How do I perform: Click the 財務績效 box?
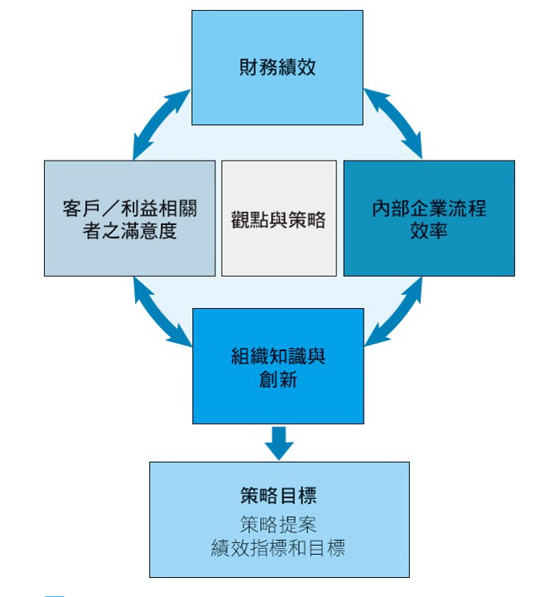[277, 67]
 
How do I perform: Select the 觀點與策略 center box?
[278, 219]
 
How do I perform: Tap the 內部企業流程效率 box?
[428, 218]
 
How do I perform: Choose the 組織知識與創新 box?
[277, 365]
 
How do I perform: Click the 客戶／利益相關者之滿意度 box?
[129, 218]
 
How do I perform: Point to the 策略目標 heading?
[278, 496]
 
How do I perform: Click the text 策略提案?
[278, 524]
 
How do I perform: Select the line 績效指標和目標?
[278, 547]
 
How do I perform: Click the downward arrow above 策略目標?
[279, 441]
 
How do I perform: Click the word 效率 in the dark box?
[428, 230]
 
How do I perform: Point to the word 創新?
[277, 379]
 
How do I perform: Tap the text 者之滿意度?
[130, 230]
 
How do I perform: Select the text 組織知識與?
[277, 355]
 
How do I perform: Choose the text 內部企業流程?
[428, 207]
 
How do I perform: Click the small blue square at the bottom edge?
[54, 594]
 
